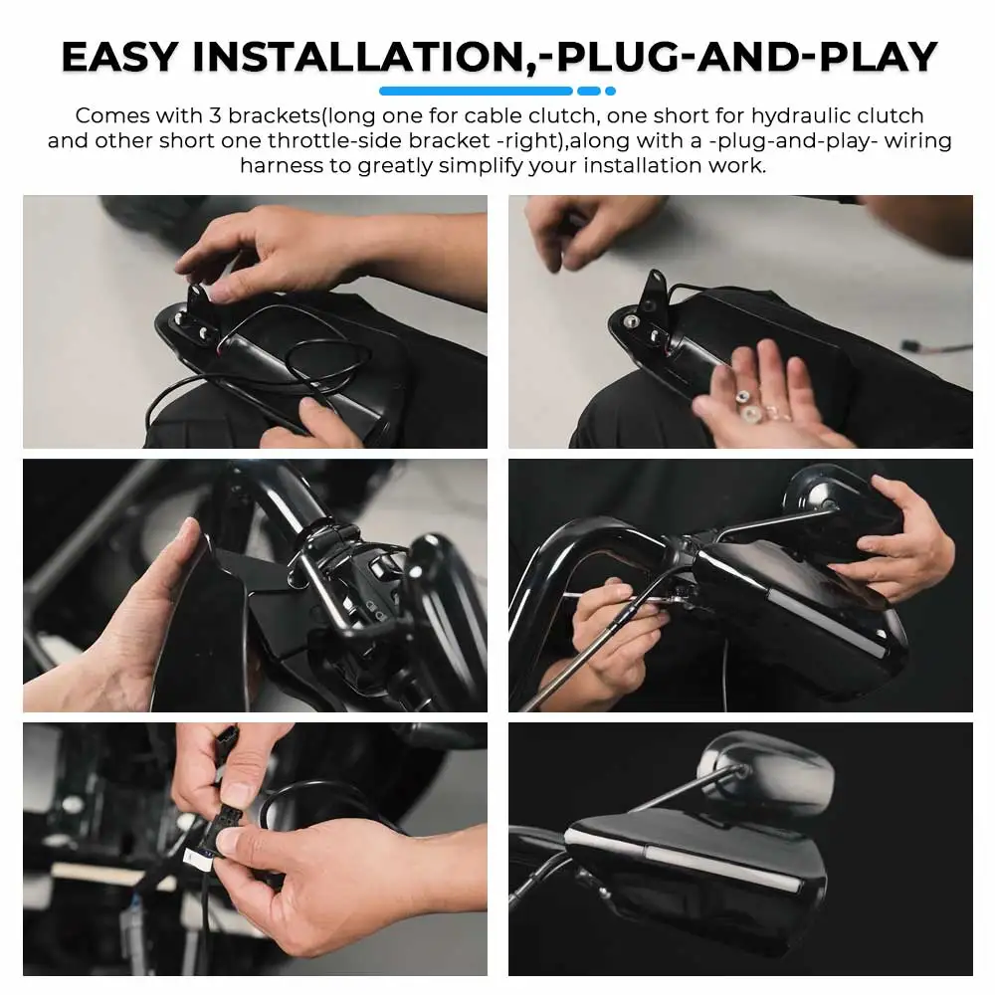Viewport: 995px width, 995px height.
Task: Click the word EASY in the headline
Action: pos(119,57)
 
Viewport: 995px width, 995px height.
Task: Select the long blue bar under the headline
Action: pos(476,91)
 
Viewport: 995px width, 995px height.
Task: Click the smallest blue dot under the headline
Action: pos(611,91)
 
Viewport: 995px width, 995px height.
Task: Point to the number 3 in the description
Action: pos(215,115)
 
